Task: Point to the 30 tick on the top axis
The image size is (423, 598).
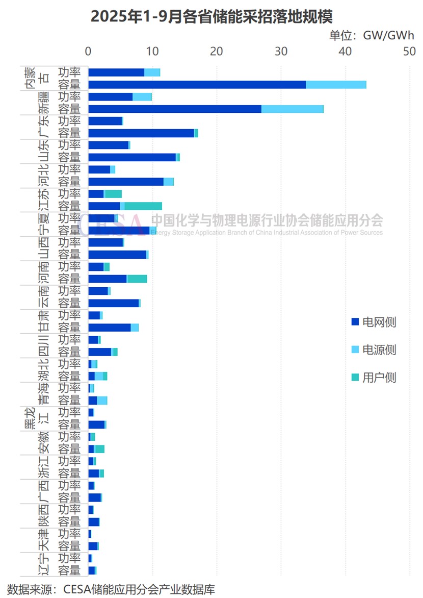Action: point(281,52)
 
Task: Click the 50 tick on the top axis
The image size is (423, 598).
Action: point(410,52)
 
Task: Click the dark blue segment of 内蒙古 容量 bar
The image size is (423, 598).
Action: point(197,85)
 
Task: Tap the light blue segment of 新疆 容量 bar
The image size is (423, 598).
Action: point(292,109)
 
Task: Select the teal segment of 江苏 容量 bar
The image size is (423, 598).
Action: point(143,206)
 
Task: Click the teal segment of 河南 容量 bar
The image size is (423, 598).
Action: point(137,279)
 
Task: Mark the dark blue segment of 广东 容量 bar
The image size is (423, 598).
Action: point(141,133)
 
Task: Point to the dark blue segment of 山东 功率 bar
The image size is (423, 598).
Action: point(109,145)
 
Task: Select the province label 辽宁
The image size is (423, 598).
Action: point(44,564)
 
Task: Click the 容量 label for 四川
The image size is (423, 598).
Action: point(69,352)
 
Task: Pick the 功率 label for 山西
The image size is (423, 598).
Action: point(69,242)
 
